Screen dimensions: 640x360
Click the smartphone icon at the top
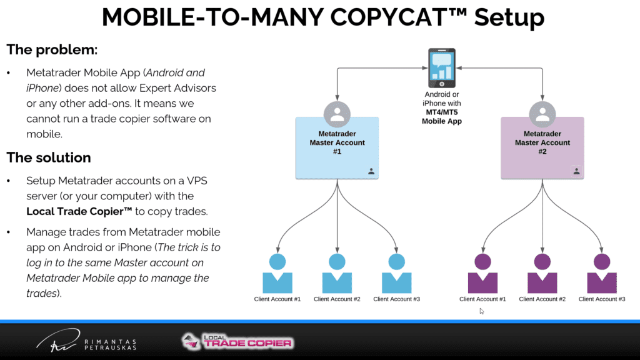coord(442,68)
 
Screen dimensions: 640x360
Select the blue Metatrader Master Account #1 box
coord(337,147)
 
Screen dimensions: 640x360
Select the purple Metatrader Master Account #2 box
coord(542,147)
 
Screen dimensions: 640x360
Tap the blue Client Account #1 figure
coord(277,274)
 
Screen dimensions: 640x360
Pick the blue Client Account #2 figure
coord(337,274)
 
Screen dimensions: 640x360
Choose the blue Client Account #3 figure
coord(397,274)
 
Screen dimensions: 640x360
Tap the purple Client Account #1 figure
coord(483,274)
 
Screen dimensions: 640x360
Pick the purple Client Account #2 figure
coord(542,274)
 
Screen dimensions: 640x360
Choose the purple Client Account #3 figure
coord(602,274)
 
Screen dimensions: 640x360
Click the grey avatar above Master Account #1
coord(337,114)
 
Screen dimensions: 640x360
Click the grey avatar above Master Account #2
coord(542,114)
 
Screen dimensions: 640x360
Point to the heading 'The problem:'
coord(52,50)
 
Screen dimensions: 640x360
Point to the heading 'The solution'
coord(49,157)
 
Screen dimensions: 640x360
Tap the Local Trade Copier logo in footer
coord(237,342)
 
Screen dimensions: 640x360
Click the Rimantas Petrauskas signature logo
coord(86,341)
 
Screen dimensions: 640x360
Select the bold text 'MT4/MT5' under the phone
coord(442,112)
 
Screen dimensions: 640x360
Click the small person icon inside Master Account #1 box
coord(371,171)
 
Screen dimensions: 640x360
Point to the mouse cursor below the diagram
coord(482,311)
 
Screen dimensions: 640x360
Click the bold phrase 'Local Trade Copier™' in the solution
coord(79,211)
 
